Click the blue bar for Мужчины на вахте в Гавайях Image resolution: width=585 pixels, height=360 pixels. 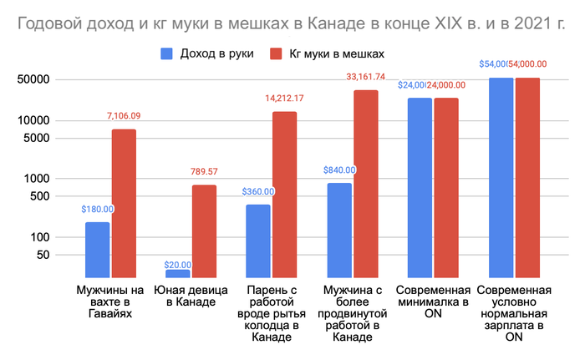coord(98,249)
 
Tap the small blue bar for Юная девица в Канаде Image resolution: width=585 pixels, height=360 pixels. coord(177,273)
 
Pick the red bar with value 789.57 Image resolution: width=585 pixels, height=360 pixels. coord(204,231)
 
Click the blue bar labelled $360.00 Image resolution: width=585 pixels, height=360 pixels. coord(258,241)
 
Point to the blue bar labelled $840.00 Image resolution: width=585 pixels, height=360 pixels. coord(339,230)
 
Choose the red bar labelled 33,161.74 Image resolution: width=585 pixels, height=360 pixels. coord(365,183)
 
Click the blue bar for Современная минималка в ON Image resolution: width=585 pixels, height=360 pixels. coord(420,187)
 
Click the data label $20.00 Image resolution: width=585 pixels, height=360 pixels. coord(177,265)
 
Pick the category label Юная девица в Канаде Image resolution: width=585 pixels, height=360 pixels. coord(184,296)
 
